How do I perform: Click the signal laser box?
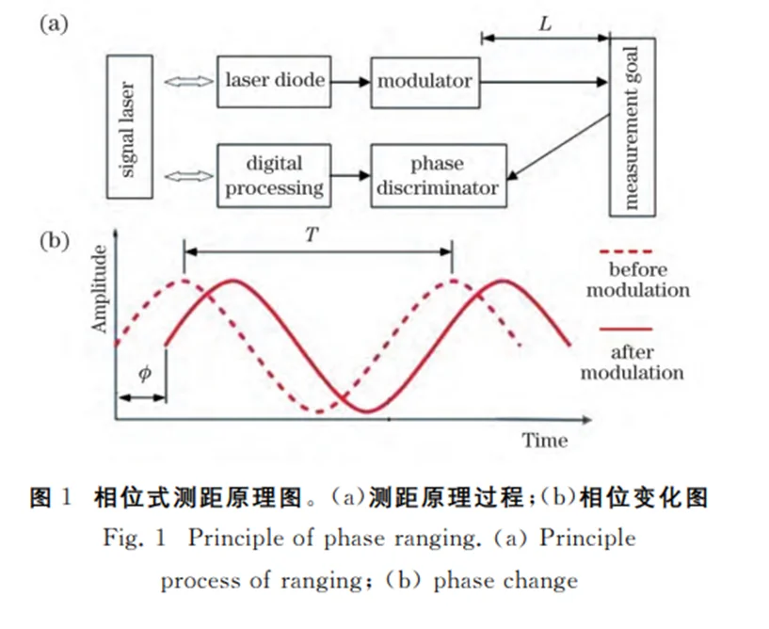click(x=129, y=126)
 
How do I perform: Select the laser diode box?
click(x=273, y=81)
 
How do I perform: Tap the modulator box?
click(x=425, y=81)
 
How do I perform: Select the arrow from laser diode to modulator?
click(x=349, y=82)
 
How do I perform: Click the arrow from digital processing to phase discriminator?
click(x=349, y=175)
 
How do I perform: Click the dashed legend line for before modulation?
click(x=626, y=252)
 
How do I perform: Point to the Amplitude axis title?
click(x=98, y=286)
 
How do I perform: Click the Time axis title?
click(x=545, y=440)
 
